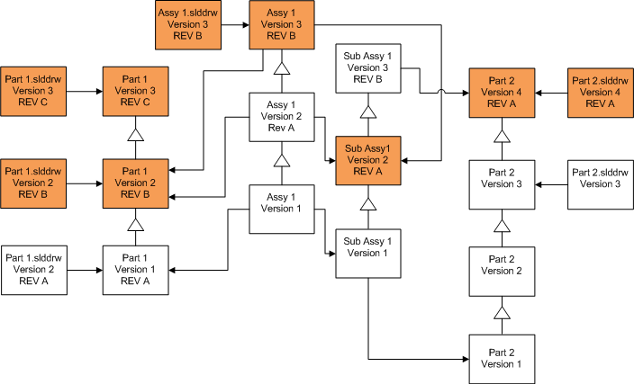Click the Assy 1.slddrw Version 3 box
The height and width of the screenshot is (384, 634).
tap(188, 24)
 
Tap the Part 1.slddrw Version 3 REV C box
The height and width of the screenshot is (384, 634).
tap(35, 91)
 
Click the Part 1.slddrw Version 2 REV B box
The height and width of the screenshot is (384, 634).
tap(35, 183)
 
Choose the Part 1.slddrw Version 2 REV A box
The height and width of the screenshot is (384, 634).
tap(35, 268)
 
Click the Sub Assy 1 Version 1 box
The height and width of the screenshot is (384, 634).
tap(367, 253)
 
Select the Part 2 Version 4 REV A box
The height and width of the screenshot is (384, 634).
tap(503, 91)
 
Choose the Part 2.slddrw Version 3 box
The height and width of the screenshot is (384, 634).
tap(601, 183)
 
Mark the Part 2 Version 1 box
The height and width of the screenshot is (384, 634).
tap(503, 358)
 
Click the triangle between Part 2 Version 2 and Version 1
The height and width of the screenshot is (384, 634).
tap(503, 313)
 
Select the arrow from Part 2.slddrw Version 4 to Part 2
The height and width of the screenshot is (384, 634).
tap(552, 91)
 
